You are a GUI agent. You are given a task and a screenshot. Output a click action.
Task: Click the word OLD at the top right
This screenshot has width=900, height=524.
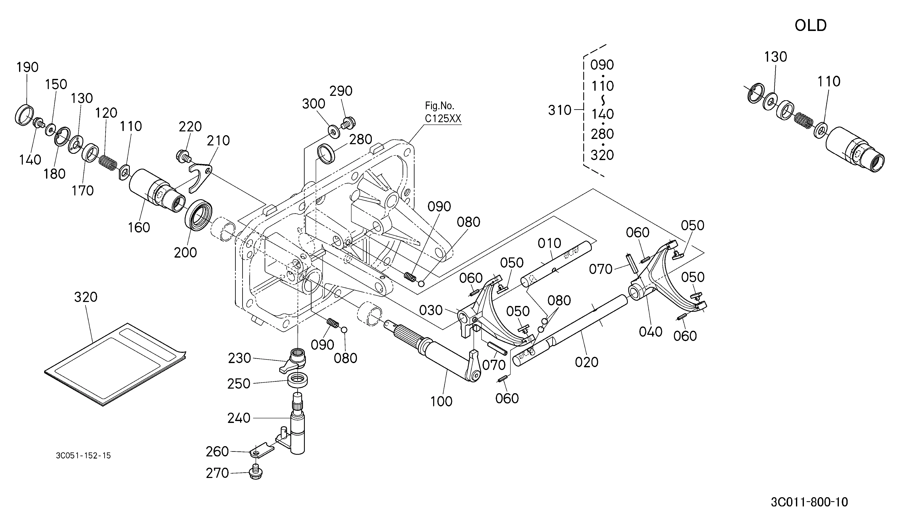click(x=810, y=26)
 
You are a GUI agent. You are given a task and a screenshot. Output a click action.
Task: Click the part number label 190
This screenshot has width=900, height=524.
click(x=27, y=67)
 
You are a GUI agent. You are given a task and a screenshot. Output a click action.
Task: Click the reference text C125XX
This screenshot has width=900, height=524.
click(x=443, y=118)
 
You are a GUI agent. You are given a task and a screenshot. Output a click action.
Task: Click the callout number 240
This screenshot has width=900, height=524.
click(x=239, y=418)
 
